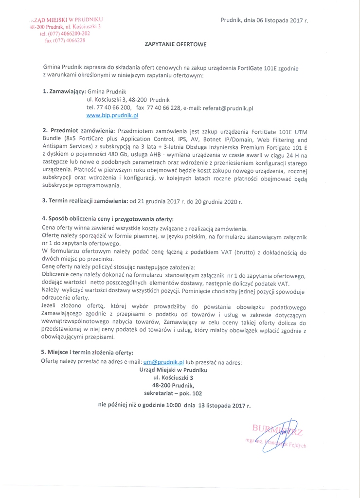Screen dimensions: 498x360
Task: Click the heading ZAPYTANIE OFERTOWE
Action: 176,44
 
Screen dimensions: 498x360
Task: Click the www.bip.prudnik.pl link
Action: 112,116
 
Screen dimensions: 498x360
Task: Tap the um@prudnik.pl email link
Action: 163,362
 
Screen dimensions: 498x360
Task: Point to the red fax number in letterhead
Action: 65,41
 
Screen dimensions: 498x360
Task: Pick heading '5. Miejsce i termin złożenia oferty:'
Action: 87,353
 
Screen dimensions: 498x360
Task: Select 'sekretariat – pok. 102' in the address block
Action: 173,392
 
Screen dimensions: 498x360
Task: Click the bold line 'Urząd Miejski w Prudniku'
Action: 173,370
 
